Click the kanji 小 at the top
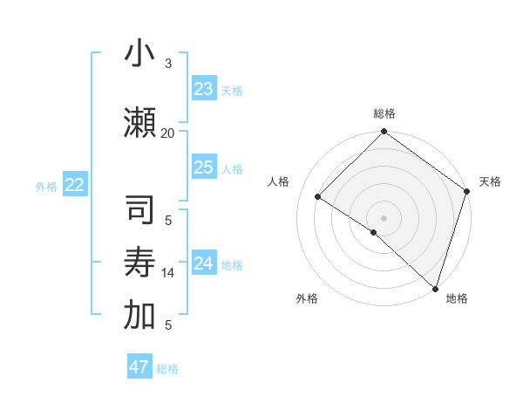click(139, 54)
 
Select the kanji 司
click(139, 212)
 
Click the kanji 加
click(139, 315)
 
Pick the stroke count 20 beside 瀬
click(167, 133)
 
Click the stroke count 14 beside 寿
click(167, 273)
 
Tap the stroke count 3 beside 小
click(168, 64)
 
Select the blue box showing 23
click(204, 88)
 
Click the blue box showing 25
click(204, 167)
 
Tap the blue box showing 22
click(75, 184)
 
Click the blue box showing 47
click(139, 367)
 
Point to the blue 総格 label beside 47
click(167, 369)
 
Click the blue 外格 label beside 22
click(46, 186)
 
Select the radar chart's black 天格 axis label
click(490, 181)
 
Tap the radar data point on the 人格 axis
click(318, 196)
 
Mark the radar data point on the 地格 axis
click(434, 287)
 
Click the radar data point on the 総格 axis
click(384, 132)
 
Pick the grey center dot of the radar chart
click(384, 217)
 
